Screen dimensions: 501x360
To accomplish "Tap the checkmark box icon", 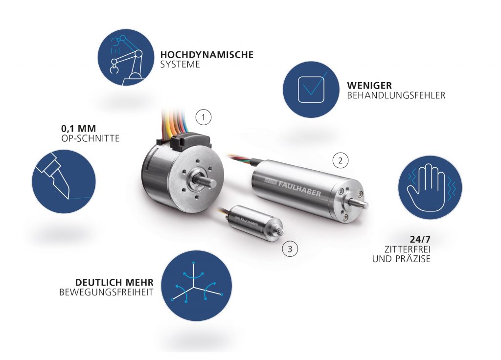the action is click(311, 90).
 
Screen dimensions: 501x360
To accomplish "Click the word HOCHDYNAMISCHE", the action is click(207, 55).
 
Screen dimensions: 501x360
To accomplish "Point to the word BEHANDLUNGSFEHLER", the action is click(396, 95).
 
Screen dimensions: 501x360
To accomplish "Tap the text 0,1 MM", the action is click(79, 129).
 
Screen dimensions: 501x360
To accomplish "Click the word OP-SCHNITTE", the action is click(91, 138).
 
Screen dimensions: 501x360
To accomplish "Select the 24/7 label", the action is click(420, 239).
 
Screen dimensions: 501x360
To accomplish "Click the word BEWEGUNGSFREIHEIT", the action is click(106, 292).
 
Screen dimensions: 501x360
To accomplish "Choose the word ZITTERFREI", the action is click(408, 249).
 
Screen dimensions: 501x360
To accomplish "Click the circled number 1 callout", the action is click(204, 118).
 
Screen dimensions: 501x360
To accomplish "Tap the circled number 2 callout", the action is click(341, 160).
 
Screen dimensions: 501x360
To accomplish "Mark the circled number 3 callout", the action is click(290, 249).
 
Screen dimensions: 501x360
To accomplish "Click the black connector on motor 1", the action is click(182, 142).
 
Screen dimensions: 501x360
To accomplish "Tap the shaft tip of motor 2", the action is click(366, 204).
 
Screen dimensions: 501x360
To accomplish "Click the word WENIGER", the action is click(370, 86).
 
